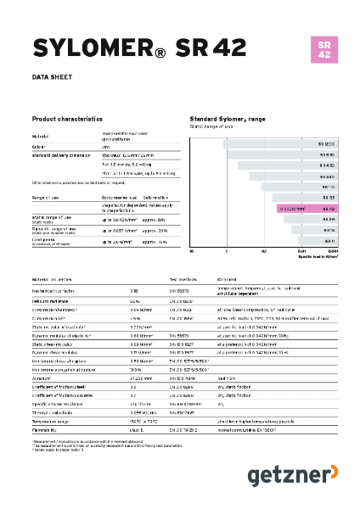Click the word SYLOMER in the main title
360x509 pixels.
[x=84, y=48]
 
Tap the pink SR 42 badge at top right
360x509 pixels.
[x=323, y=49]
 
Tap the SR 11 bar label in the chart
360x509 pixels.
[x=329, y=240]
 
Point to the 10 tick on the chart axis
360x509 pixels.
[x=192, y=252]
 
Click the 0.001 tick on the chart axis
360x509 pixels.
[x=334, y=252]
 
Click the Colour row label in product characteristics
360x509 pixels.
[x=41, y=145]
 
